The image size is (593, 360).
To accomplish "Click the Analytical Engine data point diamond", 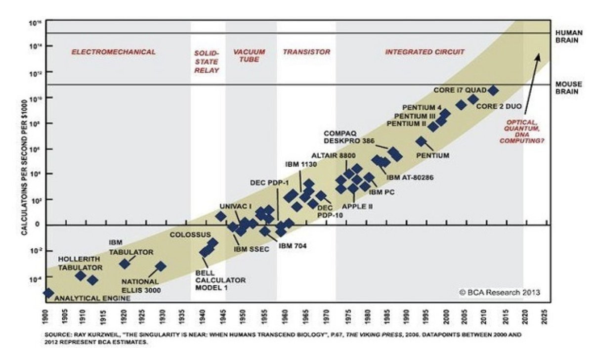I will click(48, 293).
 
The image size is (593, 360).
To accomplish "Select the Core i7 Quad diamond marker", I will click(493, 90).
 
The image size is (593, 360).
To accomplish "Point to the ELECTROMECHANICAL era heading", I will click(114, 52).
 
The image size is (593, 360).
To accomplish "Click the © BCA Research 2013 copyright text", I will click(500, 292).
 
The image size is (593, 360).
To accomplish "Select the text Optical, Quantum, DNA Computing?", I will click(525, 132).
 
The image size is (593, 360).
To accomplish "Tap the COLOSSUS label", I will click(190, 234).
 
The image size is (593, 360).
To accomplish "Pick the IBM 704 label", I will click(293, 245).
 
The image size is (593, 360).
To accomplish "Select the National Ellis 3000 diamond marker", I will click(160, 267).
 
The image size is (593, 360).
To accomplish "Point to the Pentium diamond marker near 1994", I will click(421, 141).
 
